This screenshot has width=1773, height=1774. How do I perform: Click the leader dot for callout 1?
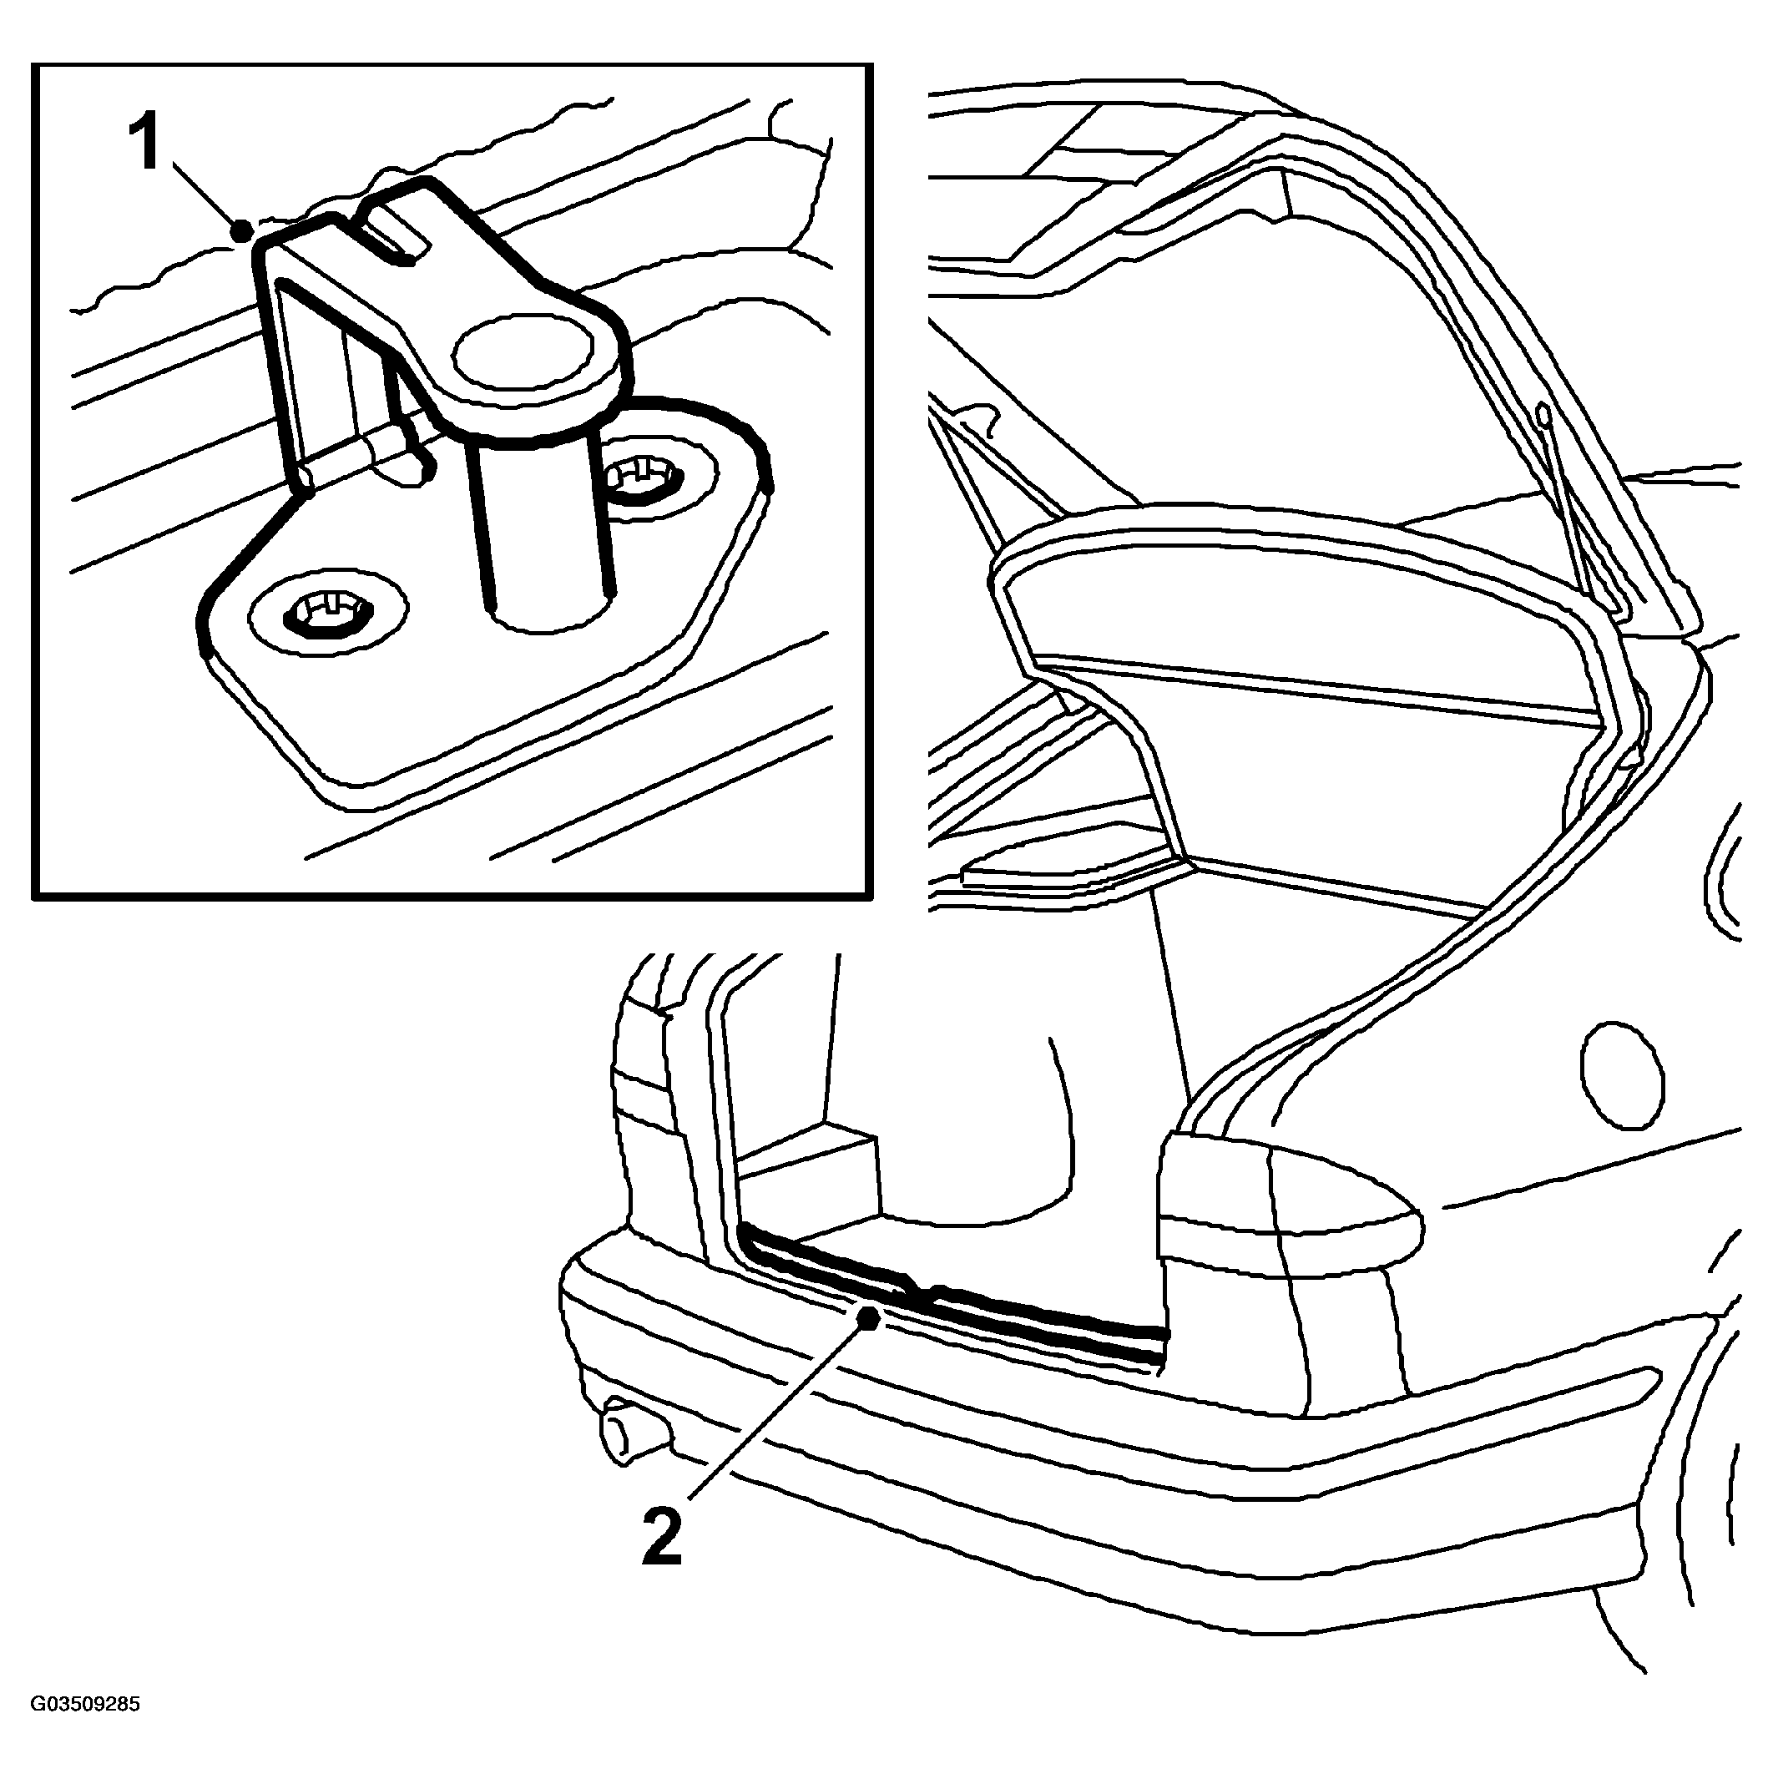coord(242,229)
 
